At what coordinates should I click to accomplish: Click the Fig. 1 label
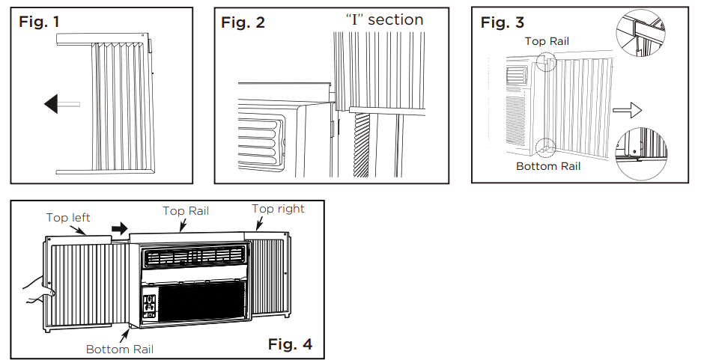(38, 22)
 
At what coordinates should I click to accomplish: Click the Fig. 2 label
(243, 22)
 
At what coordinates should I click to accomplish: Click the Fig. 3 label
(502, 22)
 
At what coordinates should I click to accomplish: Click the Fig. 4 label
(290, 344)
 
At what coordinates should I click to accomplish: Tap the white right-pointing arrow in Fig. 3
(627, 111)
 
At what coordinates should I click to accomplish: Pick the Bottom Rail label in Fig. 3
(548, 166)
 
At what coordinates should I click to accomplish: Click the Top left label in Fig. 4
(68, 218)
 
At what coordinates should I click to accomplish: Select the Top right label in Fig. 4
(278, 209)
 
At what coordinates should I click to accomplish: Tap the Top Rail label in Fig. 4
(185, 211)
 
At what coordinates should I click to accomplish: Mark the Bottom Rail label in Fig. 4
(118, 349)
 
